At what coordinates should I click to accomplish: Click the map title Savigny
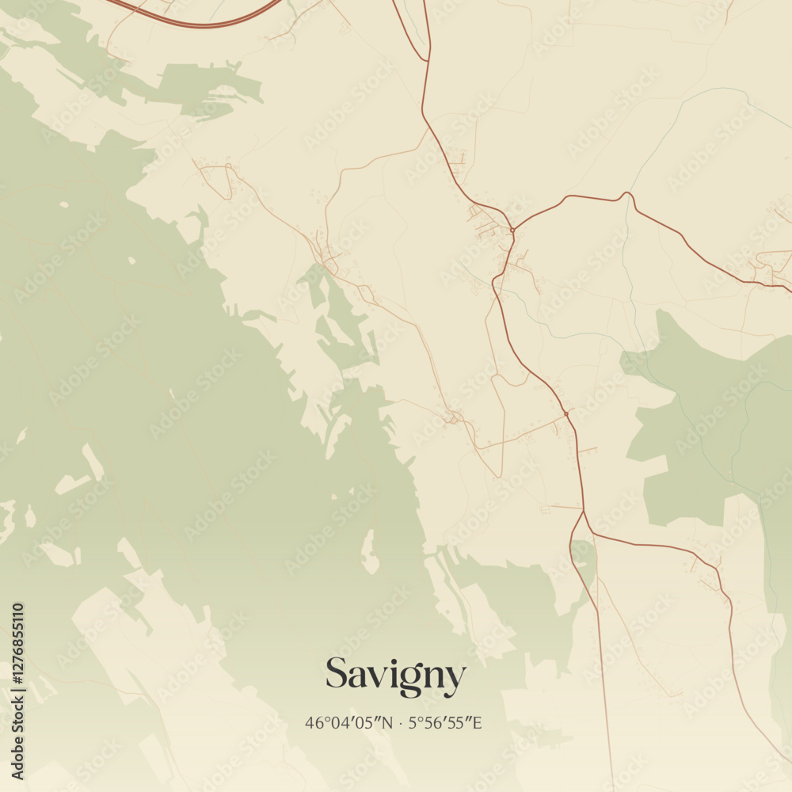point(395,676)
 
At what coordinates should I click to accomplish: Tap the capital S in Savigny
point(337,674)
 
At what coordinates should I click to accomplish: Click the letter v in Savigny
point(375,677)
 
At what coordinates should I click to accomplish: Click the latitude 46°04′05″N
point(348,722)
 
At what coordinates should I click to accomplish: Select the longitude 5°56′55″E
point(445,722)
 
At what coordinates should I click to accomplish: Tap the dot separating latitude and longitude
point(400,722)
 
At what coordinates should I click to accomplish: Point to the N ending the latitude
point(386,722)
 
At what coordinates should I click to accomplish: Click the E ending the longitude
point(478,722)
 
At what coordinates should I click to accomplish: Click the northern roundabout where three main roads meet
point(512,230)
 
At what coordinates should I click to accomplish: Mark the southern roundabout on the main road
point(566,413)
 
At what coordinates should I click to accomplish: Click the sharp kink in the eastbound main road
point(627,193)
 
